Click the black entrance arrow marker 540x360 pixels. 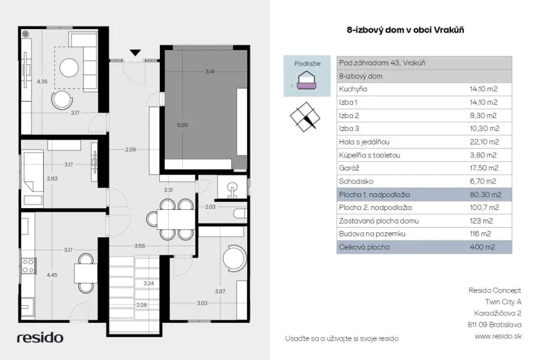point(136,53)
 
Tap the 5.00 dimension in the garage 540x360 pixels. point(182,125)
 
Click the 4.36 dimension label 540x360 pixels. point(42,82)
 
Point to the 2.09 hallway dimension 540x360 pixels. point(130,149)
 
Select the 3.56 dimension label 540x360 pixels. point(140,246)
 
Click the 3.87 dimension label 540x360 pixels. point(220,292)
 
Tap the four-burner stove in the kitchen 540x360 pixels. point(28,266)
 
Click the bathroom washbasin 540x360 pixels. point(233,190)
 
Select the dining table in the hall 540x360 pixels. point(176,219)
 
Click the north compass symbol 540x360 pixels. point(305,117)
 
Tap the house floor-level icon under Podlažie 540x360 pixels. point(306,80)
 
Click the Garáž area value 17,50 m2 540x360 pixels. point(484,168)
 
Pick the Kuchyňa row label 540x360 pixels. point(353,89)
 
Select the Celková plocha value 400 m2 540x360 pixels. point(482,247)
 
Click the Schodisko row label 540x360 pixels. point(356,181)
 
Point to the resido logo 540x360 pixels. point(40,338)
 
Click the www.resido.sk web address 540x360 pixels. point(498,336)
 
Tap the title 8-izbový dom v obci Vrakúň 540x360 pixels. point(406,30)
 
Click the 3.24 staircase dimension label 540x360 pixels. point(148,284)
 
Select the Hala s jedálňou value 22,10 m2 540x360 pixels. point(484,142)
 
